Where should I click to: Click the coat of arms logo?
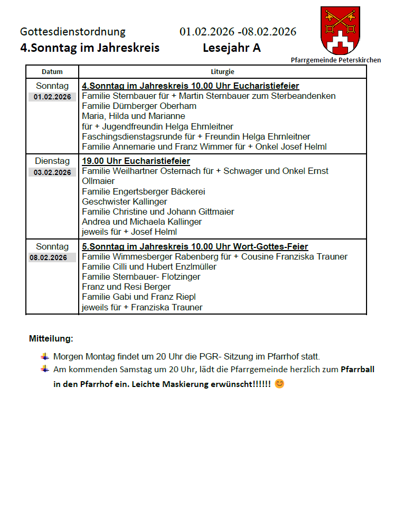340,30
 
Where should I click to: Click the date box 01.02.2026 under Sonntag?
52,97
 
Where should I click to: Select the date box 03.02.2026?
52,172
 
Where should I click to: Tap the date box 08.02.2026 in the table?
52,258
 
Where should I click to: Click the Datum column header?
52,72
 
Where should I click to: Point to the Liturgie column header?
222,72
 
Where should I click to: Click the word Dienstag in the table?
52,161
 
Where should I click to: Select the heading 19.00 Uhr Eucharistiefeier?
136,161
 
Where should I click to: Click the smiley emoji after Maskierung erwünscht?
279,384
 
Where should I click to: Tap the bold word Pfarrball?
358,370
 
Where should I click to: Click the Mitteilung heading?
51,338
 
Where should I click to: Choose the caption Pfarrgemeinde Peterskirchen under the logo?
335,60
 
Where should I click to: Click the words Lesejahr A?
231,48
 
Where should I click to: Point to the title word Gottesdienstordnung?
73,32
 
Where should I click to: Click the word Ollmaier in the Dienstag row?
98,181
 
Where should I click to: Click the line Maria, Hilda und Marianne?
134,116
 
